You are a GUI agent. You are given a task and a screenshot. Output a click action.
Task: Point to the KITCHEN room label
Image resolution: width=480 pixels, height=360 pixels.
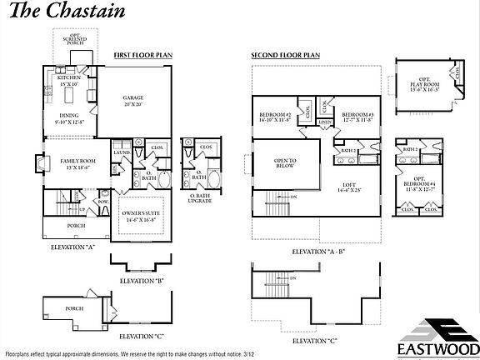(68, 81)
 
